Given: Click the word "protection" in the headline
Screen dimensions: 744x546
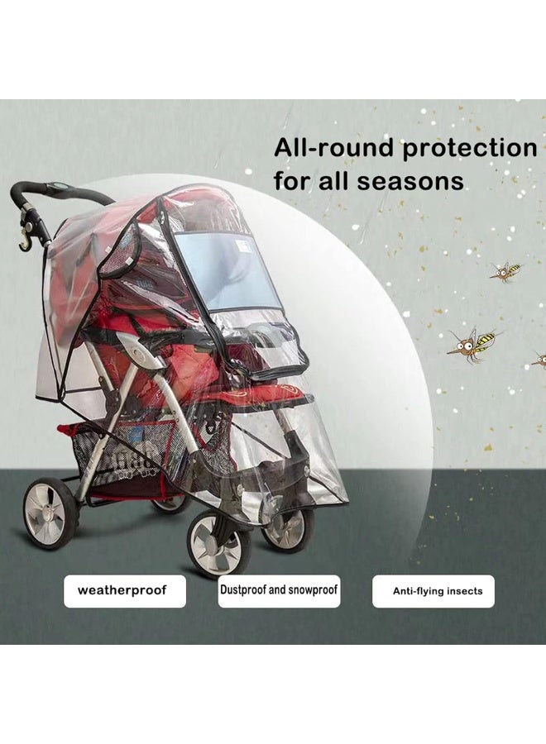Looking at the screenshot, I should point(470,148).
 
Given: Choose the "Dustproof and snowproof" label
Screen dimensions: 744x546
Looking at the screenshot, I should point(279,591).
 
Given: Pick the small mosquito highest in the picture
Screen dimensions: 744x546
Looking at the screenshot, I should point(506,271).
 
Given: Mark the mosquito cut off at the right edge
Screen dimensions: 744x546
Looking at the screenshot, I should point(539,360).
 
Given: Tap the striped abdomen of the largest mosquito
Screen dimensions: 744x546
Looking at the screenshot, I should point(485,340).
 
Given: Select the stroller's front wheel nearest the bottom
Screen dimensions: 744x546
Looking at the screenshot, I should point(218,542).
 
